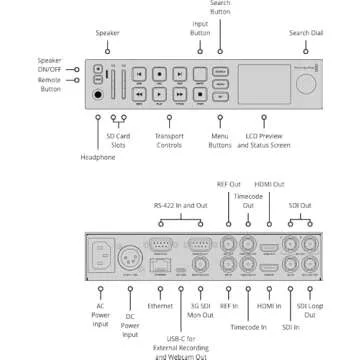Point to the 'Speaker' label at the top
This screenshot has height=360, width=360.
pos(108,33)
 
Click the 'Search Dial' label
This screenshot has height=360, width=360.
pos(305,33)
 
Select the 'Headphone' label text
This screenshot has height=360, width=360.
pos(97,158)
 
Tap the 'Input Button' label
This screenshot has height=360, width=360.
pos(201,32)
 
